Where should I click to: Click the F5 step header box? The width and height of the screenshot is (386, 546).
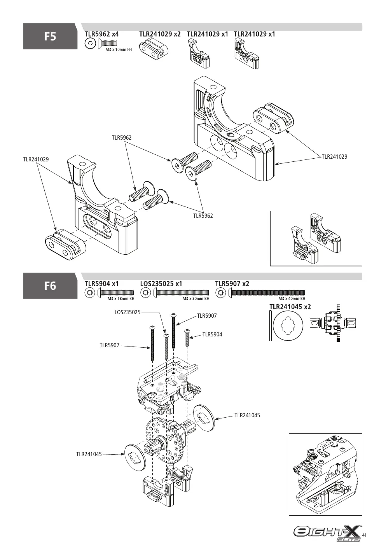(50, 36)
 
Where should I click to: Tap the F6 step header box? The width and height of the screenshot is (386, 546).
(50, 286)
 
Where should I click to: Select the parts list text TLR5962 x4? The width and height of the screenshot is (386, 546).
(102, 34)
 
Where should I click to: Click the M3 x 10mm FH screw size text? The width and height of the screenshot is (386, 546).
(119, 49)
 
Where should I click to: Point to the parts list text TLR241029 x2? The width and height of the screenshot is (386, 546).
(160, 34)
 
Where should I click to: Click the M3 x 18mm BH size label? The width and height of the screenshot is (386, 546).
(121, 298)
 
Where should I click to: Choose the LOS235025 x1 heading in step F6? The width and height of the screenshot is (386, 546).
(161, 283)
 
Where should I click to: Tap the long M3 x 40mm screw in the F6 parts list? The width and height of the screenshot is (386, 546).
(267, 292)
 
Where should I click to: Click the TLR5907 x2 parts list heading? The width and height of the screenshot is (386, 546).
(232, 283)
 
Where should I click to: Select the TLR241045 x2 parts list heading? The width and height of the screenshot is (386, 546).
(290, 306)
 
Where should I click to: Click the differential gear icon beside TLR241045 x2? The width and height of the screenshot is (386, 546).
(333, 323)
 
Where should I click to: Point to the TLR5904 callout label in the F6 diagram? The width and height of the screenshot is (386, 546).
(212, 334)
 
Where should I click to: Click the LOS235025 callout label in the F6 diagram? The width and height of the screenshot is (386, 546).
(128, 312)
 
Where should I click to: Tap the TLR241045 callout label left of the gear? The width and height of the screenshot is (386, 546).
(89, 454)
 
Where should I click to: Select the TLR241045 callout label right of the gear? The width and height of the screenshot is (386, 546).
(247, 415)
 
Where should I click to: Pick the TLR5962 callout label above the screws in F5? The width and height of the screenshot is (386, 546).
(122, 138)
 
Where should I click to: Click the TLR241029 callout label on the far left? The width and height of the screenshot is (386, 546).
(36, 159)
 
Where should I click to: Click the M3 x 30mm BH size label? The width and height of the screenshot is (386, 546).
(196, 298)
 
